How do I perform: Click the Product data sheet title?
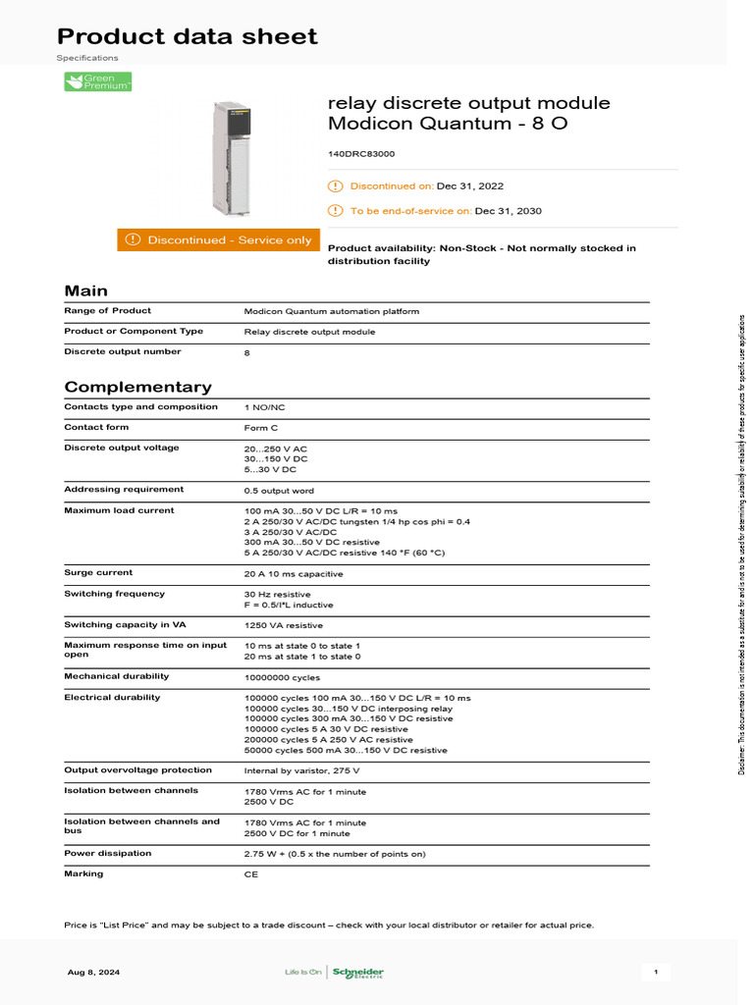pos(188,37)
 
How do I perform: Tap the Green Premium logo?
pos(98,82)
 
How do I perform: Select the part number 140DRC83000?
pos(361,154)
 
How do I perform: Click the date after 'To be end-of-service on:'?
pos(509,211)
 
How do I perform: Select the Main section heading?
pos(86,291)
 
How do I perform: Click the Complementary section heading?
pos(137,387)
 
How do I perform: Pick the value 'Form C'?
pos(261,428)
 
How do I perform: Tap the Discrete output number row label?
pos(123,351)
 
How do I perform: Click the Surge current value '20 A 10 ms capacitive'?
pos(294,574)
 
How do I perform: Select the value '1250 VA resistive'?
pos(284,625)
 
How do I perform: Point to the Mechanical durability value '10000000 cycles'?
pos(282,677)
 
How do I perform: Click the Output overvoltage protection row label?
pos(137,769)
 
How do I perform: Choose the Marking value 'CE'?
pos(251,873)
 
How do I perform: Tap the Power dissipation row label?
pos(108,853)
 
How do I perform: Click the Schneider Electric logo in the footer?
pos(357,973)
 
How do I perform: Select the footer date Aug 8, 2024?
pos(94,973)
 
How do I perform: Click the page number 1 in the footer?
pos(655,973)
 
